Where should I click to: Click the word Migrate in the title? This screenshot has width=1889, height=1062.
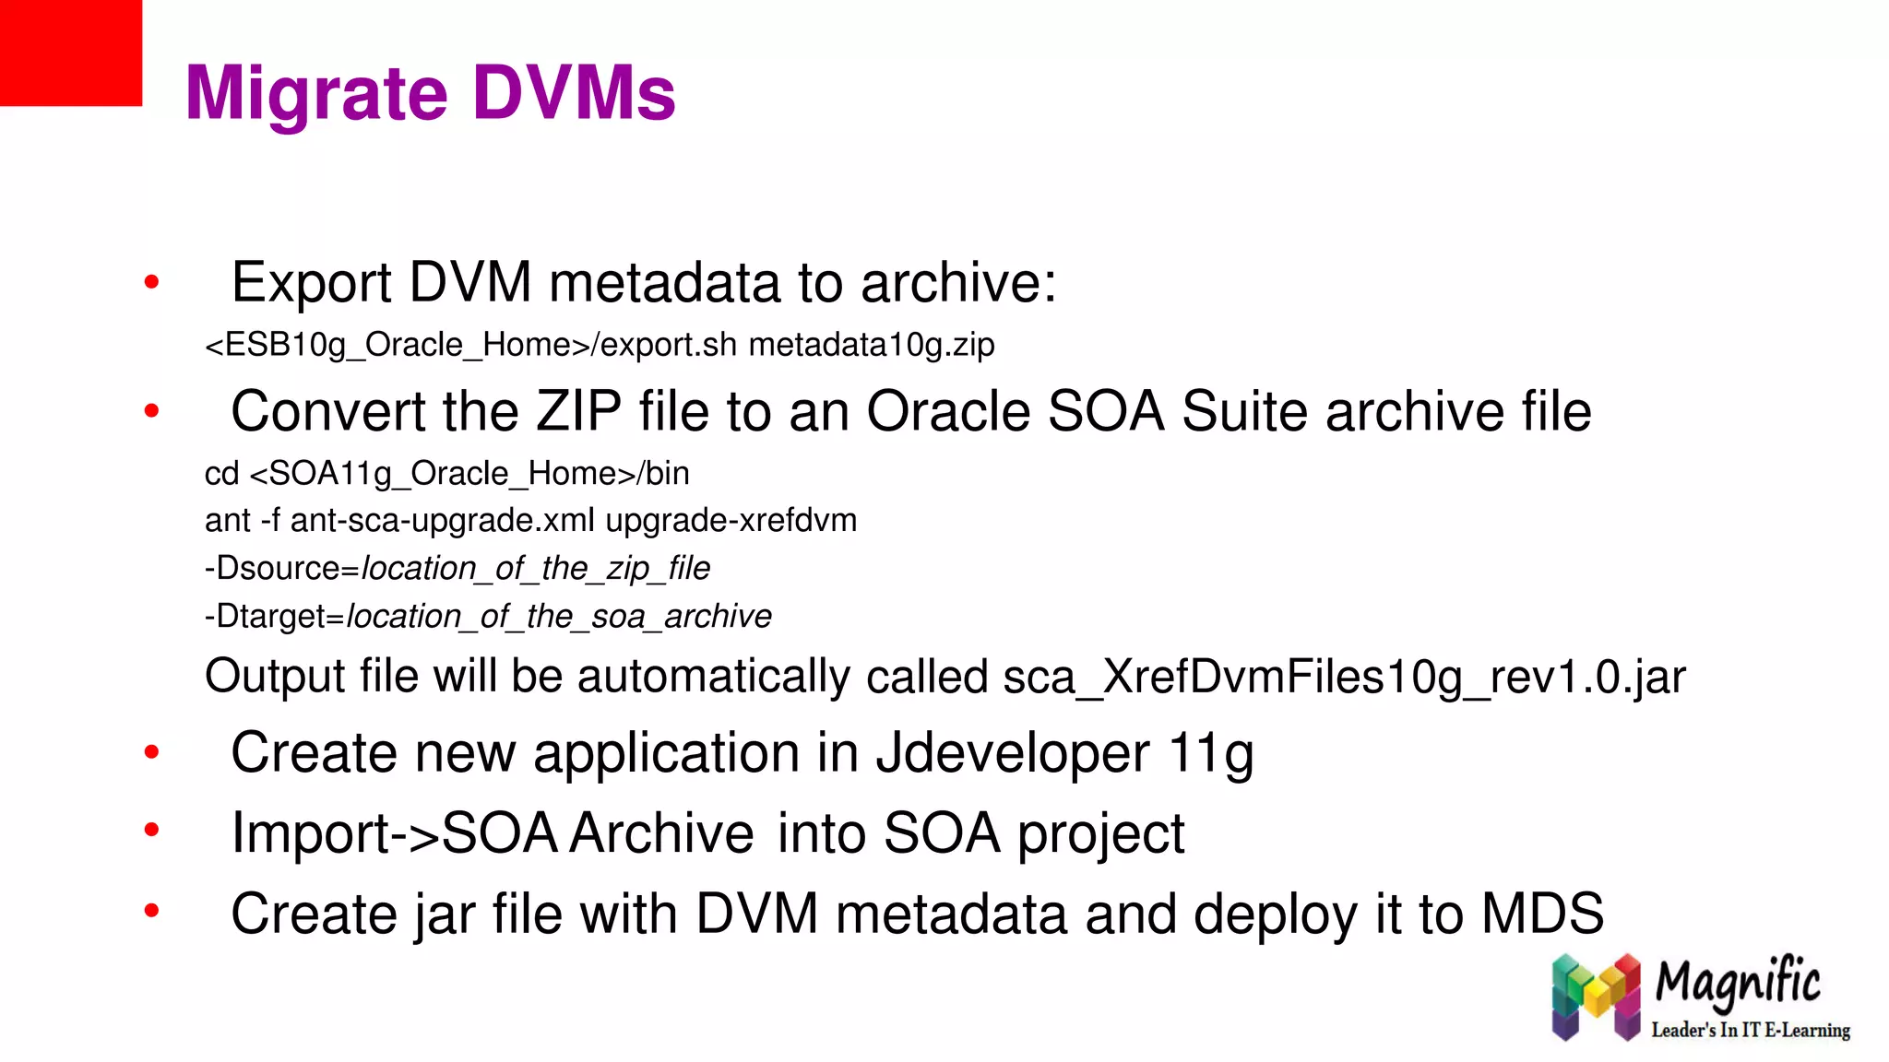(315, 94)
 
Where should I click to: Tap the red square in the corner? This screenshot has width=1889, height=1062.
(70, 52)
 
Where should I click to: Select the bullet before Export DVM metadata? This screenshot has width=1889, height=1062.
(152, 282)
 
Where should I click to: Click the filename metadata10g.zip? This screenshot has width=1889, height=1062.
(871, 345)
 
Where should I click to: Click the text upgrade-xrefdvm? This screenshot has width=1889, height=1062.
(731, 521)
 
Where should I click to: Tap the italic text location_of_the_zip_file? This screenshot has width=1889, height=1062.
(536, 569)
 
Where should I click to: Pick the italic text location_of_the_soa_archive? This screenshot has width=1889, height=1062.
(559, 616)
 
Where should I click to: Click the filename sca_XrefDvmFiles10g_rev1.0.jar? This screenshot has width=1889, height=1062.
(1344, 677)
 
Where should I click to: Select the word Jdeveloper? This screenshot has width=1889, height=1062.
(1012, 753)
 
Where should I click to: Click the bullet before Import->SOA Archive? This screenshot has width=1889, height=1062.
(152, 831)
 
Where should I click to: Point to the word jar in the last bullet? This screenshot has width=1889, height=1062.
(445, 914)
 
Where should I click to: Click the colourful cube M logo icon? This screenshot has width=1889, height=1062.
(1596, 997)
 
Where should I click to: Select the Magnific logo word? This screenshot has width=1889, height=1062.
(1738, 982)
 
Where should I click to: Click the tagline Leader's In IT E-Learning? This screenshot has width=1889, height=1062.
(1750, 1030)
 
